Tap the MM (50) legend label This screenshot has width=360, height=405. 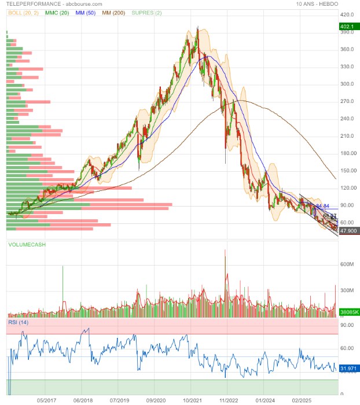pos(86,12)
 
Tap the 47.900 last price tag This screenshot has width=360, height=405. pos(348,230)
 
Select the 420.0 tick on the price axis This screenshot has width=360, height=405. pos(347,14)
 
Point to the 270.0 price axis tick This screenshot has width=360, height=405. pos(347,101)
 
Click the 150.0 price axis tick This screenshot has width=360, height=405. pos(347,171)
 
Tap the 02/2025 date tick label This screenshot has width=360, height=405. pos(302,400)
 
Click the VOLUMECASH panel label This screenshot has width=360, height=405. pos(27,245)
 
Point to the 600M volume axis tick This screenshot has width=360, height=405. pos(347,264)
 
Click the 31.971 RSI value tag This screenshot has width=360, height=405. pos(348,368)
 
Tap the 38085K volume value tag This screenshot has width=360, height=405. pos(348,312)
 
